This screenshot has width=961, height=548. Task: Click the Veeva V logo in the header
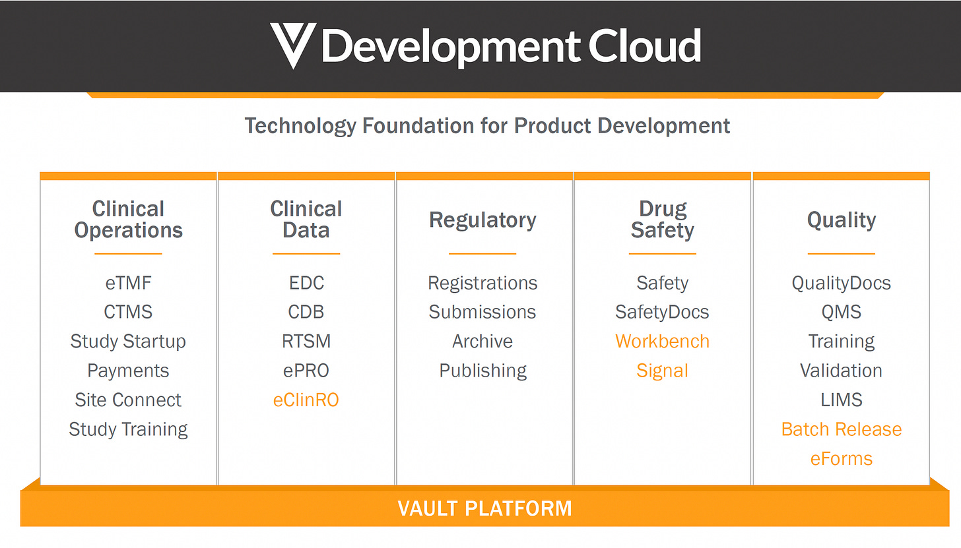pyautogui.click(x=293, y=45)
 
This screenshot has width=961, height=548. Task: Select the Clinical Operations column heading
pyautogui.click(x=128, y=220)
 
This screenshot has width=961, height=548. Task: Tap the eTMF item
pyautogui.click(x=128, y=283)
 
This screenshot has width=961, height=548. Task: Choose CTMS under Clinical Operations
pyautogui.click(x=128, y=312)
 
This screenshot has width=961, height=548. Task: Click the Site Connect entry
pyautogui.click(x=128, y=400)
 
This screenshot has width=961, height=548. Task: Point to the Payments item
pyautogui.click(x=128, y=371)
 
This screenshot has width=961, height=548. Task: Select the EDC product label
pyautogui.click(x=306, y=283)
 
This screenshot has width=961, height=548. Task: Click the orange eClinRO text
pyautogui.click(x=306, y=400)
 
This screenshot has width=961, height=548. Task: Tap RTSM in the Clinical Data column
pyautogui.click(x=306, y=342)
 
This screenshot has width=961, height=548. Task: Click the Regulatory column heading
pyautogui.click(x=482, y=220)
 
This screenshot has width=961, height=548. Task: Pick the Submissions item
pyautogui.click(x=482, y=312)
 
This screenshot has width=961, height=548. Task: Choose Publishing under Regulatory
pyautogui.click(x=482, y=371)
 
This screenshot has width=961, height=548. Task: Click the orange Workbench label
pyautogui.click(x=662, y=342)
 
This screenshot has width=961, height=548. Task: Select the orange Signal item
pyautogui.click(x=662, y=371)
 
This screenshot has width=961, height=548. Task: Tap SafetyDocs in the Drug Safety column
pyautogui.click(x=662, y=312)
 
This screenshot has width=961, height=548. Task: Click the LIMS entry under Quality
pyautogui.click(x=841, y=400)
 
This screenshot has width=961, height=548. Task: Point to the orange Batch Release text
pyautogui.click(x=841, y=429)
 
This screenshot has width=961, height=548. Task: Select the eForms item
pyautogui.click(x=841, y=458)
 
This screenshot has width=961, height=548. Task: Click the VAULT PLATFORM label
pyautogui.click(x=484, y=508)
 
